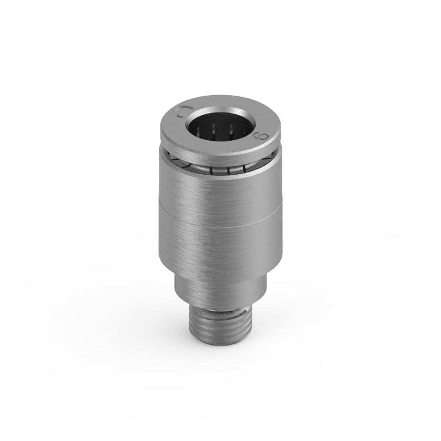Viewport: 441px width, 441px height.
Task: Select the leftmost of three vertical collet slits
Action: coord(212,170)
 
